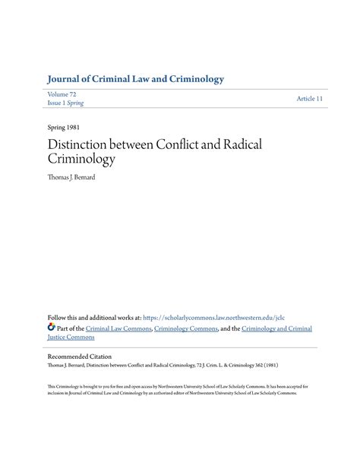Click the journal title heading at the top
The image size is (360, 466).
135,79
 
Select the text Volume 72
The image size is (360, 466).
63,93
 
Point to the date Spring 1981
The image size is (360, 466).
64,128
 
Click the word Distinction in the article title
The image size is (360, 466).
80,144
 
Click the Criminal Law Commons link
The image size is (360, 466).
118,328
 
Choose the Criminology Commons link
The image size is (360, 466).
188,328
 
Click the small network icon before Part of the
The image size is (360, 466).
51,328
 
